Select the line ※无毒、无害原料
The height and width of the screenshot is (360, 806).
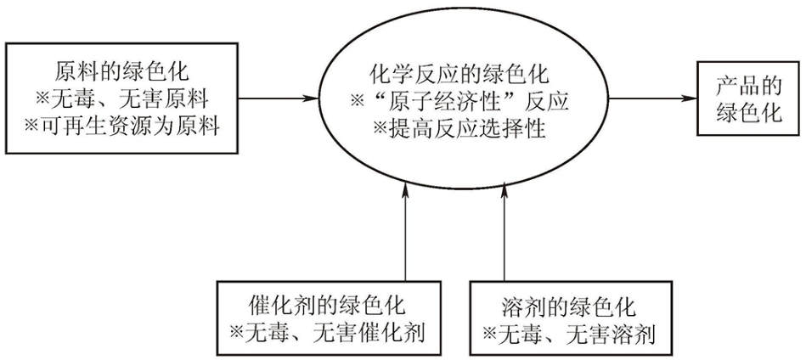[x=121, y=98]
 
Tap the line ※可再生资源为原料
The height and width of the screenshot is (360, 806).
[x=121, y=126]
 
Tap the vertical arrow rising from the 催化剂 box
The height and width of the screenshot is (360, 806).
[x=406, y=233]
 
